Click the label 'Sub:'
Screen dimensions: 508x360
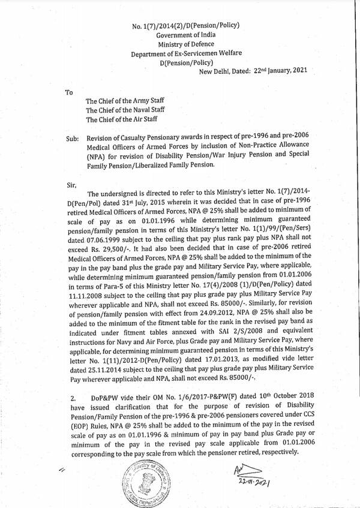pos(73,137)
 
